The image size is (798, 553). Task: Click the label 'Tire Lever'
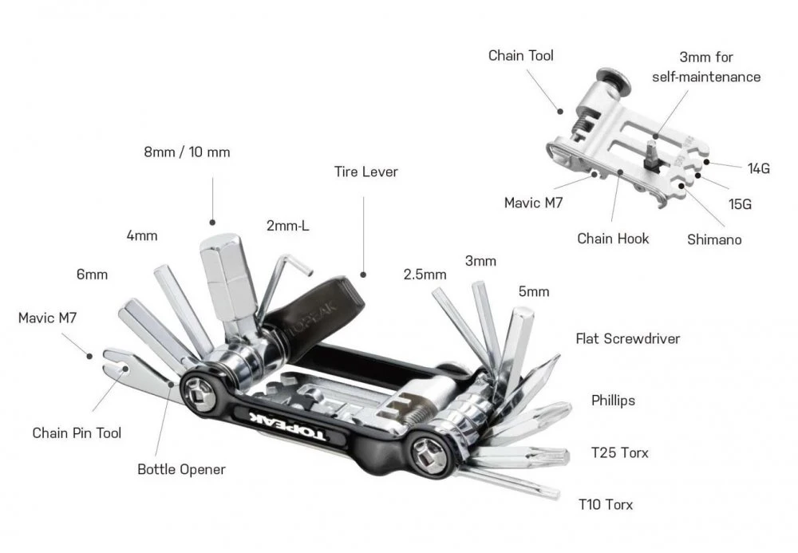(x=366, y=172)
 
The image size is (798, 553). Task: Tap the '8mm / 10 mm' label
(x=188, y=152)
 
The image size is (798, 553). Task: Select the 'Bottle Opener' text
(x=181, y=469)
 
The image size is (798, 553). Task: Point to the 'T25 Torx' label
(x=619, y=452)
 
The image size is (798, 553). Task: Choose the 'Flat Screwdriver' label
(x=627, y=338)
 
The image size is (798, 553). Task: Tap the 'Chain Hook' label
(x=613, y=238)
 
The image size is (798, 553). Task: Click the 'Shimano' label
(x=714, y=239)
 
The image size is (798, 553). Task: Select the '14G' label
(x=759, y=168)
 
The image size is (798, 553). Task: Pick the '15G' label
(x=741, y=203)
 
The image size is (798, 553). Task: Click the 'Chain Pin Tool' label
(x=77, y=433)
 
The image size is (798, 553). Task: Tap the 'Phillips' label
(x=613, y=400)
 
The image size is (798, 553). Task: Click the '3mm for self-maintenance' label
(x=705, y=67)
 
